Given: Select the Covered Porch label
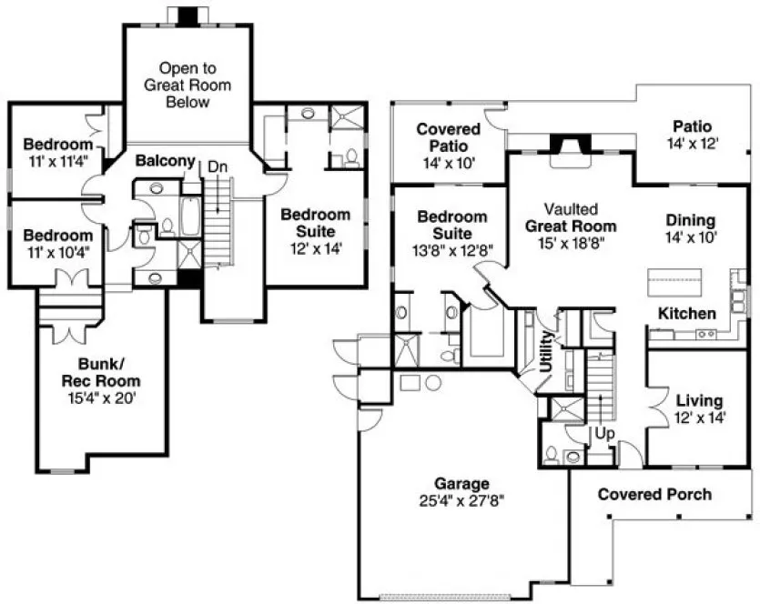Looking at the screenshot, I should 654,494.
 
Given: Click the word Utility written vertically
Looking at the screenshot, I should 546,351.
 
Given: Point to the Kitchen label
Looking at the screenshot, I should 687,313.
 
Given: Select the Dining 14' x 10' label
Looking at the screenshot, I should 690,228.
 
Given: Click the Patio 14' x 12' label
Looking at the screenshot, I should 692,135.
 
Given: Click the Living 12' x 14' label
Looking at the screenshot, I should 699,408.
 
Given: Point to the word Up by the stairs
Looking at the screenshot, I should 603,433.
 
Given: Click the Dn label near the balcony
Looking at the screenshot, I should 218,166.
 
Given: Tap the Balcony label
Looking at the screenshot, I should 166,161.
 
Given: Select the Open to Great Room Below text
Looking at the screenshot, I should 187,85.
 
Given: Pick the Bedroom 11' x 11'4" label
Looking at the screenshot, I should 58,152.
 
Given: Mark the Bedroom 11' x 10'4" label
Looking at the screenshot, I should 58,243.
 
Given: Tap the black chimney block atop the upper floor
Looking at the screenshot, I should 187,15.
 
